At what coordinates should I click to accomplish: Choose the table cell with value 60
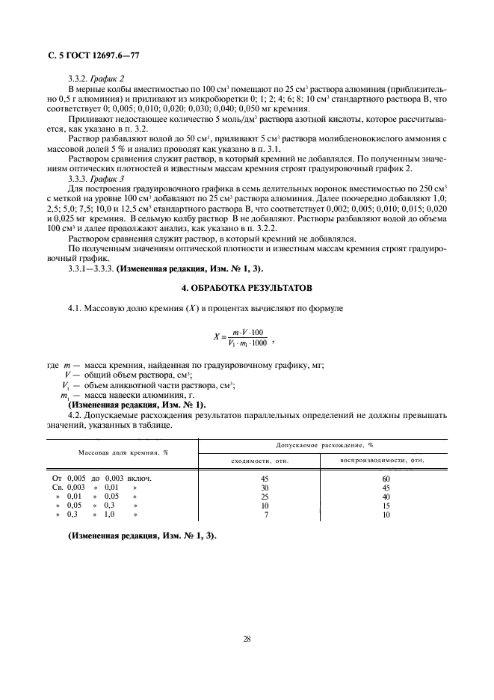386,478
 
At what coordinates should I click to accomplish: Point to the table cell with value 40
386,496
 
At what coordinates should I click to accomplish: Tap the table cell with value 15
386,505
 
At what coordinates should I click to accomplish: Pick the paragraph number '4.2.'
76,414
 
